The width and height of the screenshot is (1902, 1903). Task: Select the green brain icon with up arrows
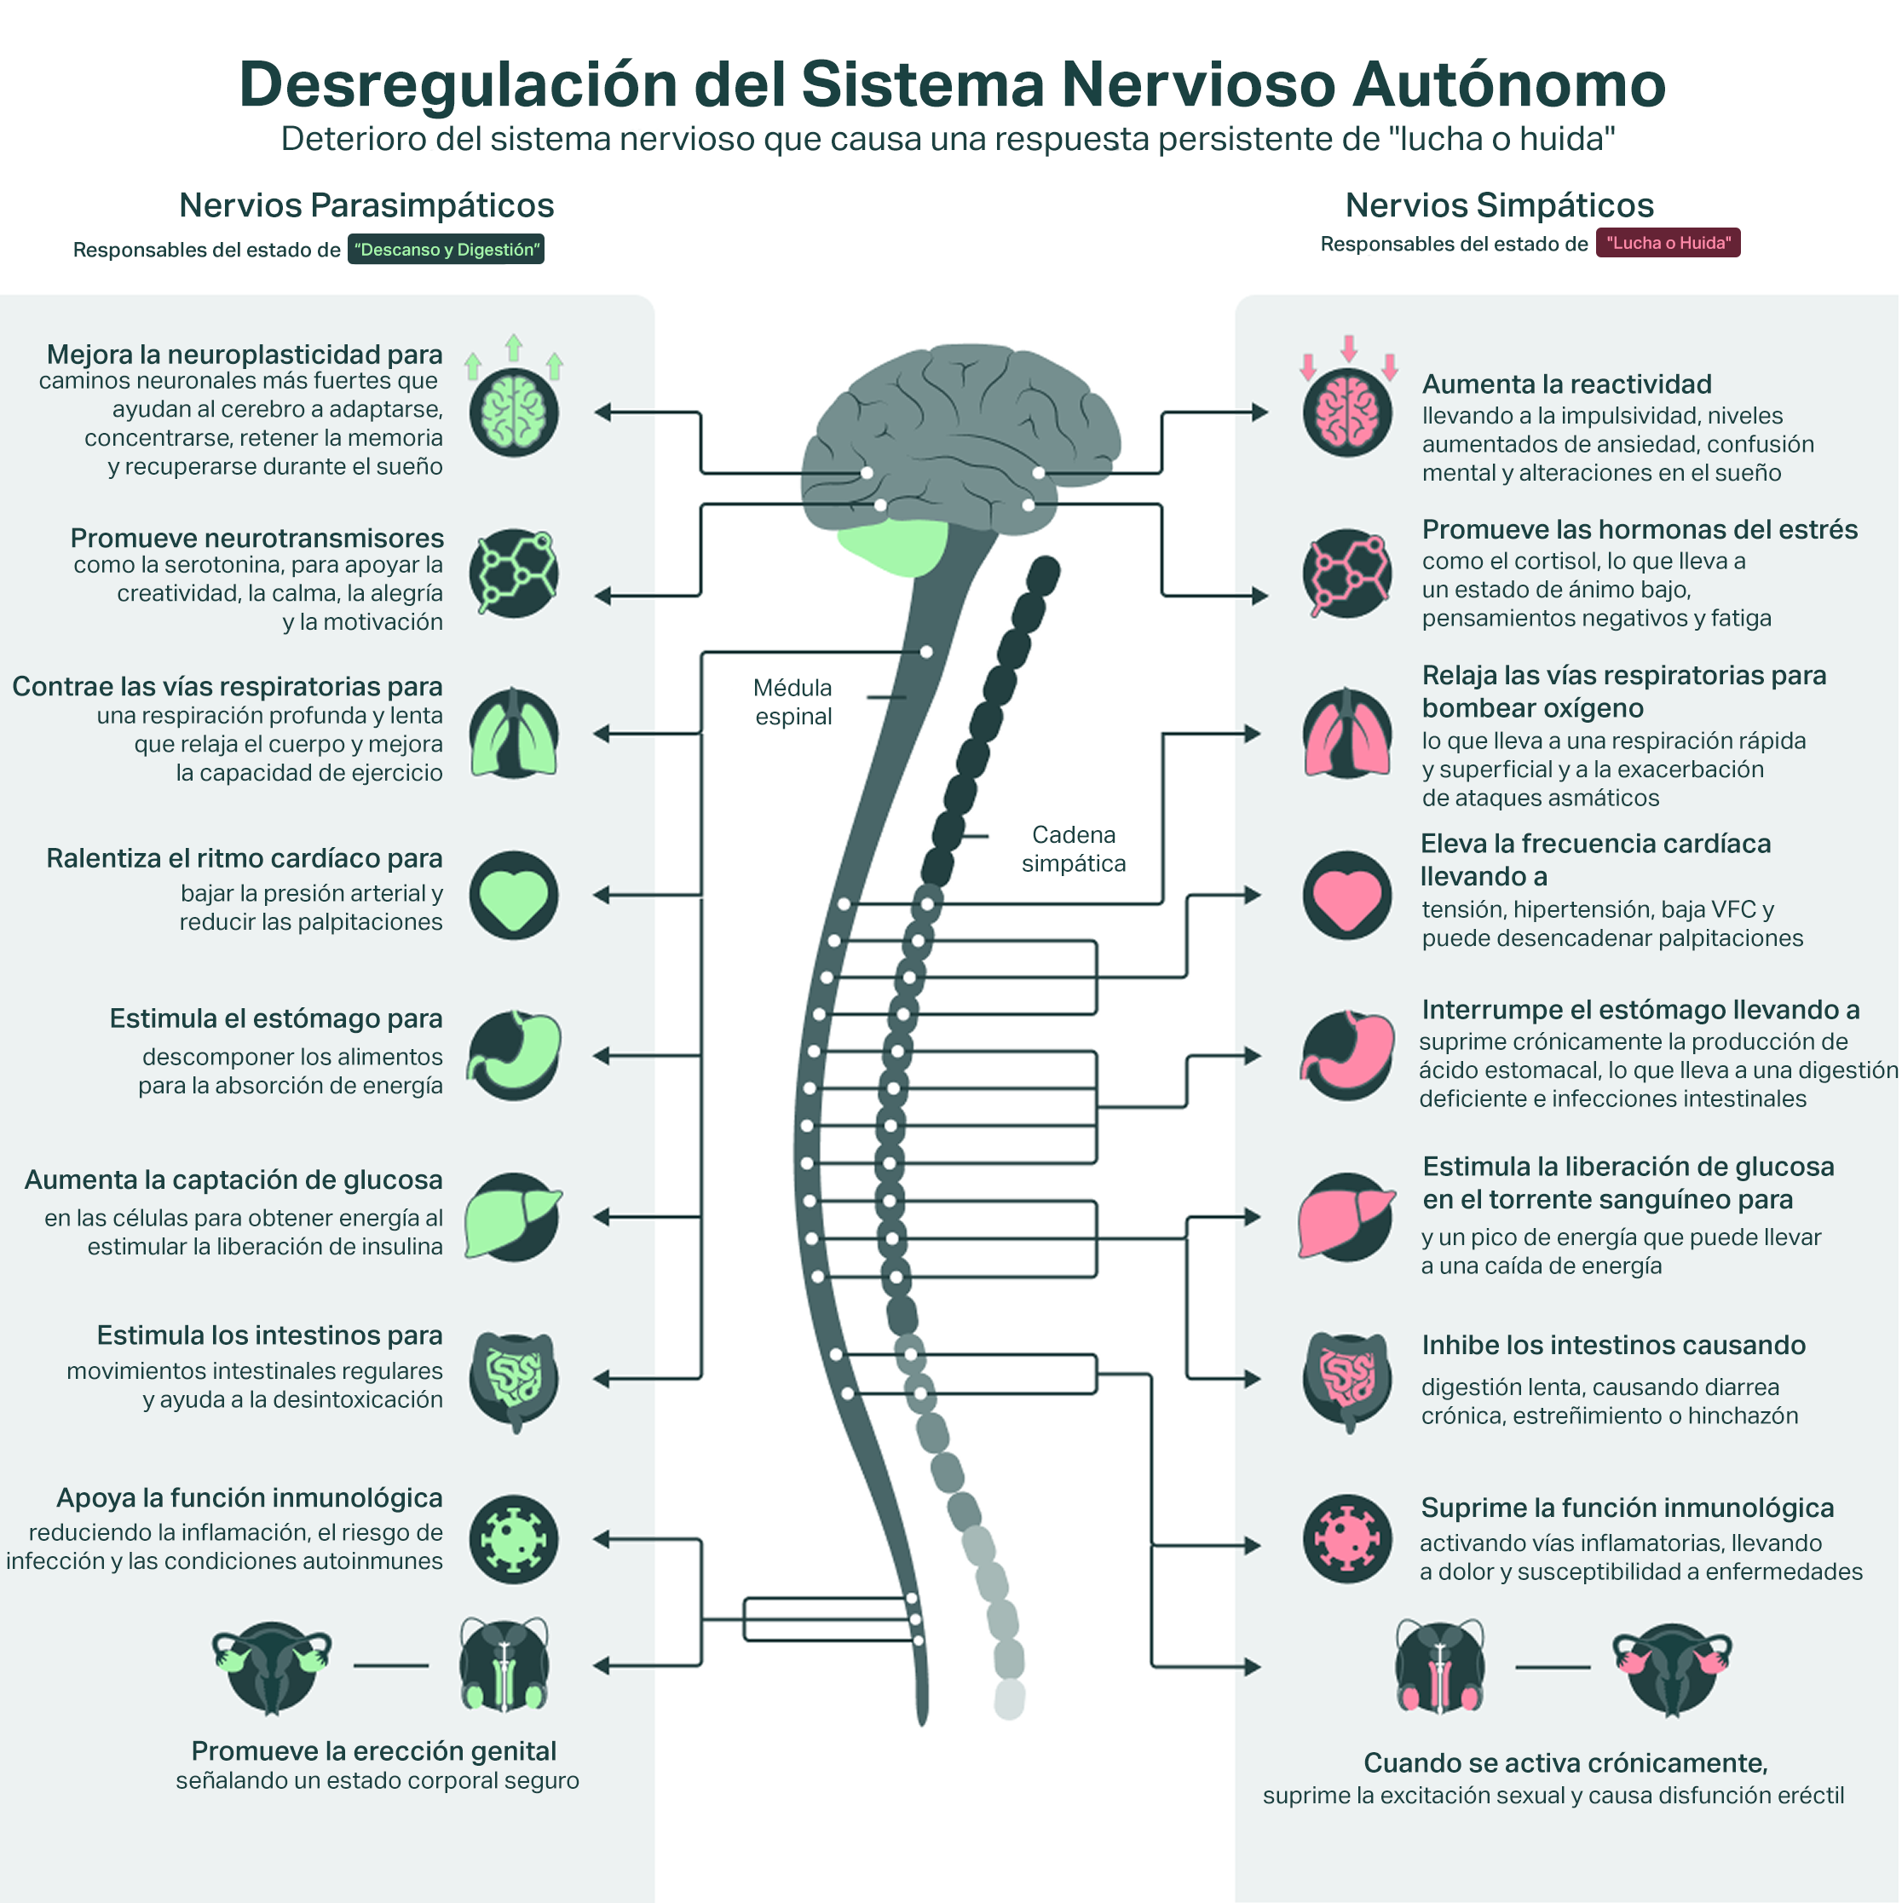click(513, 411)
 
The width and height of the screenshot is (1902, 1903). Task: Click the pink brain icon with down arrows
click(1346, 411)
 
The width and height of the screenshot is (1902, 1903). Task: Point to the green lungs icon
click(513, 734)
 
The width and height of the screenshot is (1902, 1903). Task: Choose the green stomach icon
click(513, 1055)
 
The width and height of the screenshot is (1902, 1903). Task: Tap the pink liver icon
click(1346, 1216)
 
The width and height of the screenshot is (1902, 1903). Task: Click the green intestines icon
click(513, 1378)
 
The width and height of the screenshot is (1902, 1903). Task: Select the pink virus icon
click(1346, 1538)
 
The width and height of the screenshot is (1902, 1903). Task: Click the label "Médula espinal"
click(792, 701)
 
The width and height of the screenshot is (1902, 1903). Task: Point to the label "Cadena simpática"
click(1073, 848)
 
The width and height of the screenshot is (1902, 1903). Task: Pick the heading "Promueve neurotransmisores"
click(257, 538)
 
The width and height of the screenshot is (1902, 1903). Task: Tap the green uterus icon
click(272, 1668)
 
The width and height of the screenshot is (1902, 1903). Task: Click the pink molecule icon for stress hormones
click(1346, 574)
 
